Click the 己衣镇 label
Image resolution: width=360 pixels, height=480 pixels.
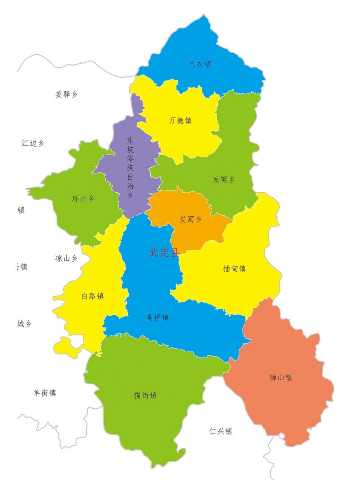click(x=200, y=64)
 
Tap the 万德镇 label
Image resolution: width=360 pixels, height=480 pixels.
click(x=180, y=121)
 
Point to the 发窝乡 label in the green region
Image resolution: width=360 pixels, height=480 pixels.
click(x=224, y=180)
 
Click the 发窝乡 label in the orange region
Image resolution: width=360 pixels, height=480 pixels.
click(x=190, y=219)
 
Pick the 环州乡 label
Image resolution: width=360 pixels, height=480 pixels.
click(x=83, y=199)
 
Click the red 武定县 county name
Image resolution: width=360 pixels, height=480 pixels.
click(x=164, y=253)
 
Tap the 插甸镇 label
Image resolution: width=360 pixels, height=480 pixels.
click(x=234, y=268)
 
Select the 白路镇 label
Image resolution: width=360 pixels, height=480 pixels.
click(x=93, y=296)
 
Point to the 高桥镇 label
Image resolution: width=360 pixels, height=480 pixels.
click(x=157, y=318)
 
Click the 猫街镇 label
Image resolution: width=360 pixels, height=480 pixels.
click(x=145, y=395)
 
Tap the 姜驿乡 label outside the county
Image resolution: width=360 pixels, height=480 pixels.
click(x=66, y=94)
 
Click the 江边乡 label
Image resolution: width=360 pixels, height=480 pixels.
click(x=33, y=143)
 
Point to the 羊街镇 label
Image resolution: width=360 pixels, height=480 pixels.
click(x=45, y=393)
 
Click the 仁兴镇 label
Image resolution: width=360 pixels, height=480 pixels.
click(x=221, y=431)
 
